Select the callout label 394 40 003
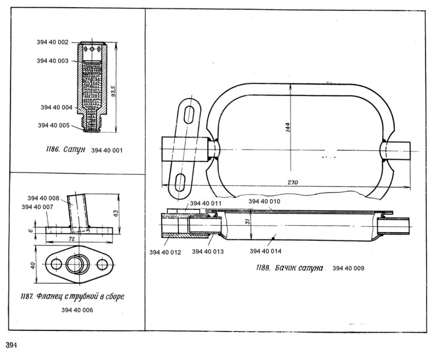pos(53,61)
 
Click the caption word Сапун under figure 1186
pos(75,150)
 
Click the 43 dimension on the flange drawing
pos(122,212)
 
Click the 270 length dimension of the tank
pos(292,182)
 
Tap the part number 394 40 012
pos(166,252)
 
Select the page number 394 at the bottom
pos(11,345)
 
